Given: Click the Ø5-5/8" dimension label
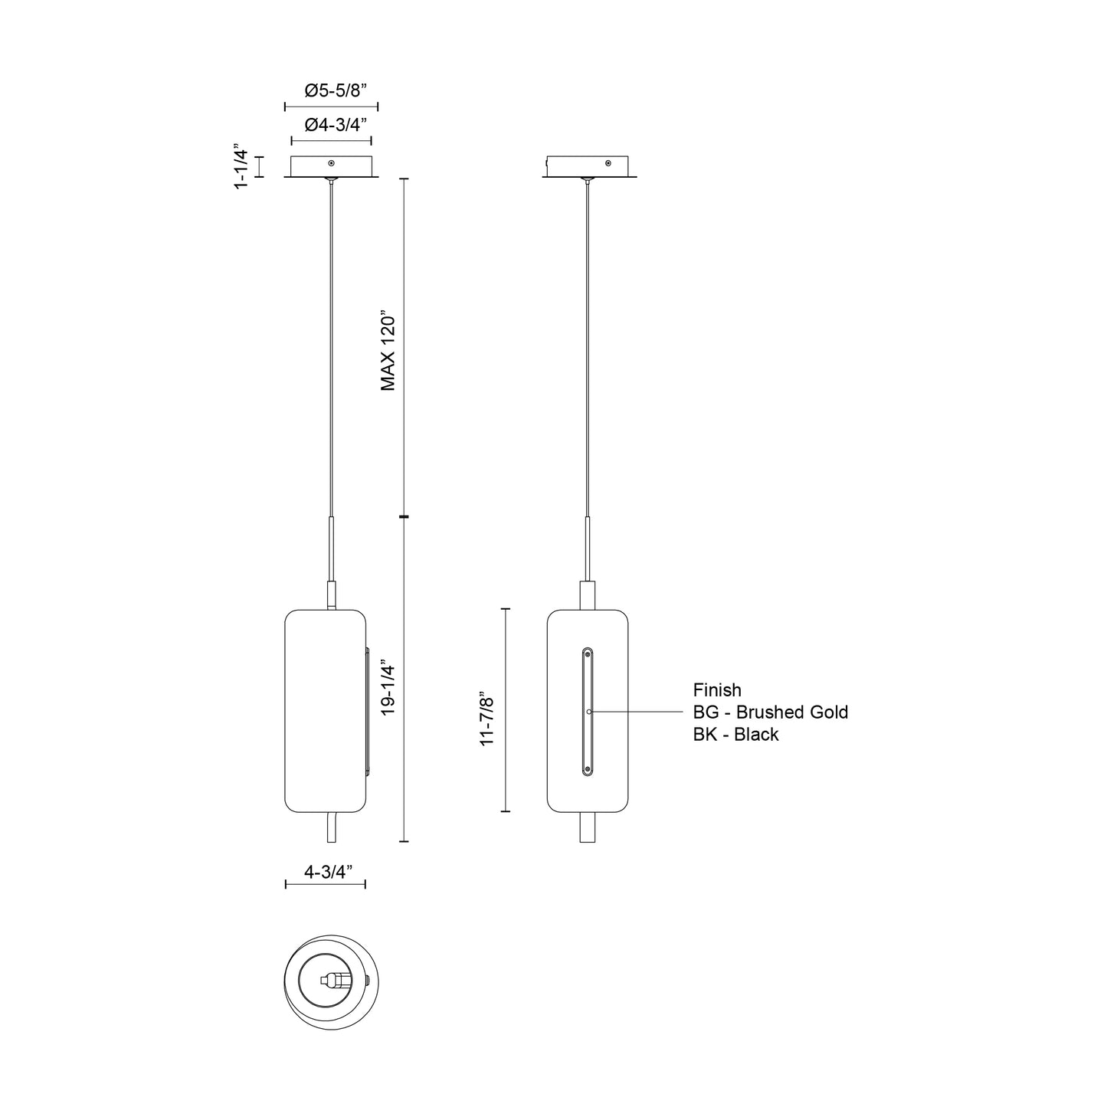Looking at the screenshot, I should click(331, 90).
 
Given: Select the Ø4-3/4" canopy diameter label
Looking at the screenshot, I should click(331, 125).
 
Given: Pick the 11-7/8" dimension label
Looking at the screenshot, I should click(488, 719).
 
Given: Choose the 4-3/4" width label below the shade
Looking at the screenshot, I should click(327, 871).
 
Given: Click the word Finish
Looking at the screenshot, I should click(717, 690).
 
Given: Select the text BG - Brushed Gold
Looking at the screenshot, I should click(770, 712).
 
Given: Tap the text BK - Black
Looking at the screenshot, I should click(735, 735).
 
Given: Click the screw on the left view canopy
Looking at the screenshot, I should click(331, 163).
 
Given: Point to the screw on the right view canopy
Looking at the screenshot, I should click(608, 163).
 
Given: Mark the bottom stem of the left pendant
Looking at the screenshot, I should click(330, 827).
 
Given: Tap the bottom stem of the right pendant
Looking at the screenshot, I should click(588, 827).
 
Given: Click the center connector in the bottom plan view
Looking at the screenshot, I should click(333, 979).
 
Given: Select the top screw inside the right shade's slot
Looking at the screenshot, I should click(588, 655).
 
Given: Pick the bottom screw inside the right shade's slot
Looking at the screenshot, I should click(588, 768).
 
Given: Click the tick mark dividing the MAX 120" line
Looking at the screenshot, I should click(404, 518).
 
